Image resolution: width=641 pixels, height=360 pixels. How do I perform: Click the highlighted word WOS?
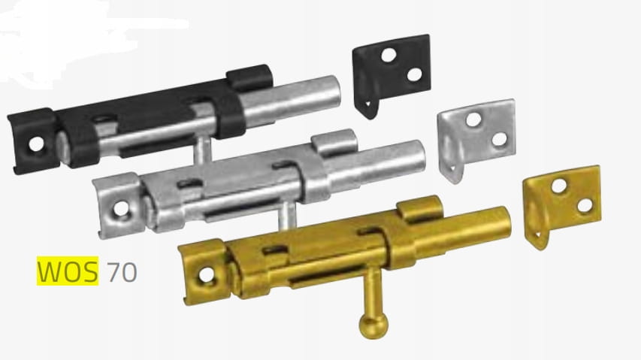point(68,271)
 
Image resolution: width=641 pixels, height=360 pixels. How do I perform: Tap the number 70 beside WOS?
point(122,272)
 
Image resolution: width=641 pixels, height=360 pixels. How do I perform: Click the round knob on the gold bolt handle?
point(373,325)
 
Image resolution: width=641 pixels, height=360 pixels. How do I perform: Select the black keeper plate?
point(391,74)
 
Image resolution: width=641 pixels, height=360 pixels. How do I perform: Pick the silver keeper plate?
point(476,137)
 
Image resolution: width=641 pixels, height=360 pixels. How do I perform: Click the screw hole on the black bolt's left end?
point(36,144)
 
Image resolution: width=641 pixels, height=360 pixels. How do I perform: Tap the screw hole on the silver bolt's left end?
point(121,208)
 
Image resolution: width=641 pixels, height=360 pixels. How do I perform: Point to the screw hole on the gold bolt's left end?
point(207,274)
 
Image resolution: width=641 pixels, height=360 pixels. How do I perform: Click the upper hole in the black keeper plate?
point(389,55)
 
